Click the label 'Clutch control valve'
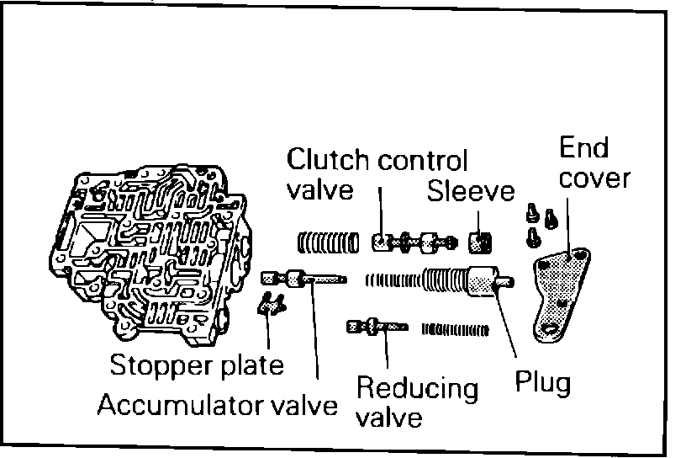coord(377,173)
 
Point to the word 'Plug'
coord(542,383)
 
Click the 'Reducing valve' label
coord(417,402)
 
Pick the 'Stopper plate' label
coord(198,366)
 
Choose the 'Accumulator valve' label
coord(217,405)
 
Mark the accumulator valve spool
coord(303,278)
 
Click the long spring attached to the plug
coord(416,279)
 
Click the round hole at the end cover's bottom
coord(552,330)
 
